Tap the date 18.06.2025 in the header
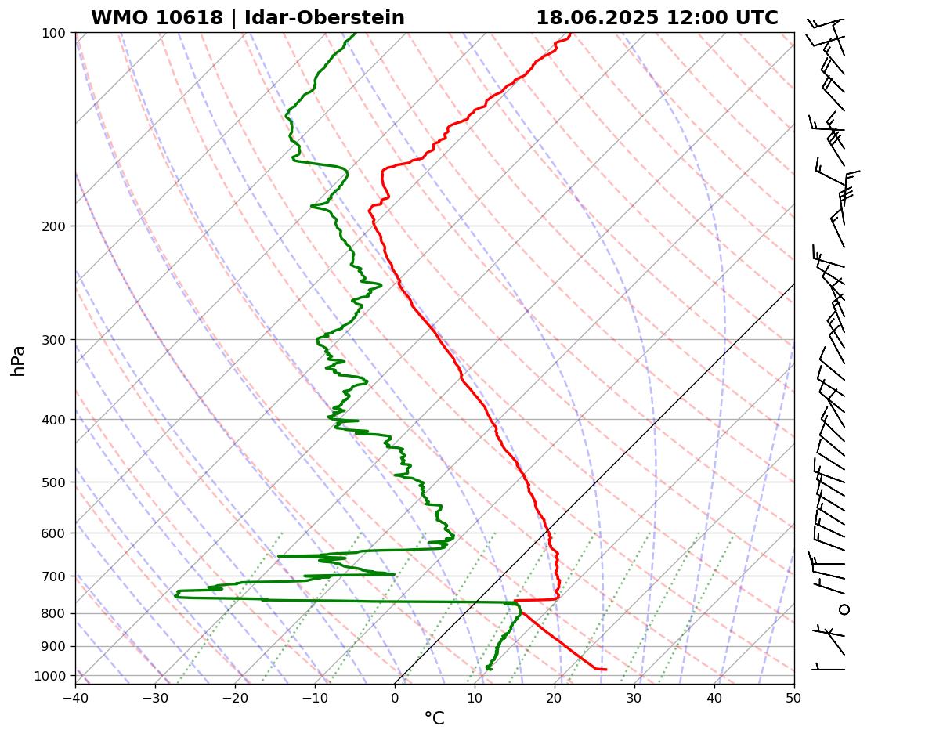pos(597,18)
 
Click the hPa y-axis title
pos(18,360)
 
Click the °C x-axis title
pos(434,719)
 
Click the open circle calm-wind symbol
pos(844,609)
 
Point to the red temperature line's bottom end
pos(605,669)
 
